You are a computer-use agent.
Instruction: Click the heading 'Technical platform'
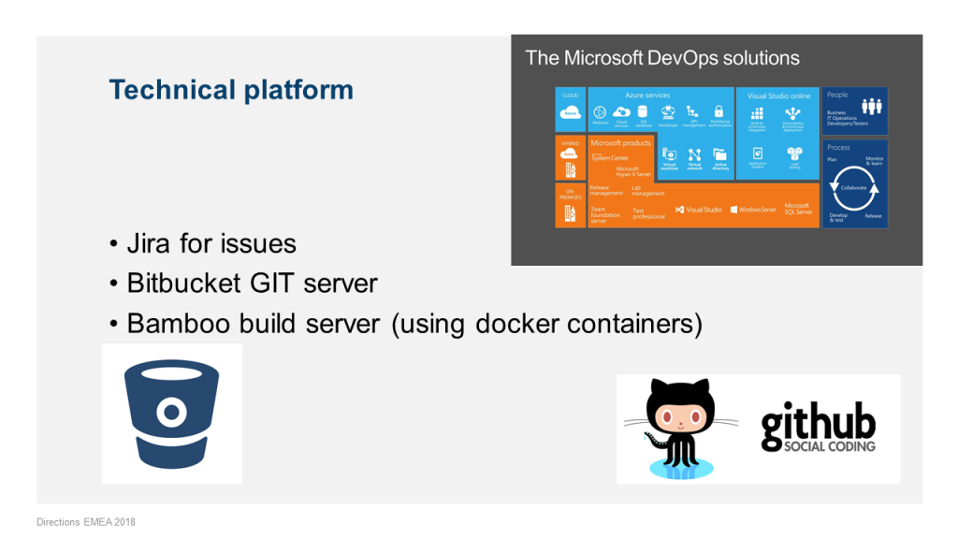(x=231, y=90)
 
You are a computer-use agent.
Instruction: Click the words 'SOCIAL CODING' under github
(x=818, y=445)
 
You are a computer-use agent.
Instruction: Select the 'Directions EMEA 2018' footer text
(x=86, y=521)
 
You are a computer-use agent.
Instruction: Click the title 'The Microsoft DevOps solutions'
(x=662, y=58)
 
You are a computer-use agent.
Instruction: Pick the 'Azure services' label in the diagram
(x=647, y=95)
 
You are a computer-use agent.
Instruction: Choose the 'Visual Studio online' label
(x=778, y=95)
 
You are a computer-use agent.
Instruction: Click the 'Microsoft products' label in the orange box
(x=620, y=143)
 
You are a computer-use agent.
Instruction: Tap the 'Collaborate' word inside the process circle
(x=853, y=187)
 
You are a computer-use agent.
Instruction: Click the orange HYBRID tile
(x=570, y=157)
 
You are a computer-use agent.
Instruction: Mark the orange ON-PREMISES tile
(x=570, y=205)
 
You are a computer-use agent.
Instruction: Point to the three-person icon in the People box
(x=872, y=107)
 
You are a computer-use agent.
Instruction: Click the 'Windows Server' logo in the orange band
(x=753, y=210)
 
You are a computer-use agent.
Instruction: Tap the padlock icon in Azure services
(x=718, y=111)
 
